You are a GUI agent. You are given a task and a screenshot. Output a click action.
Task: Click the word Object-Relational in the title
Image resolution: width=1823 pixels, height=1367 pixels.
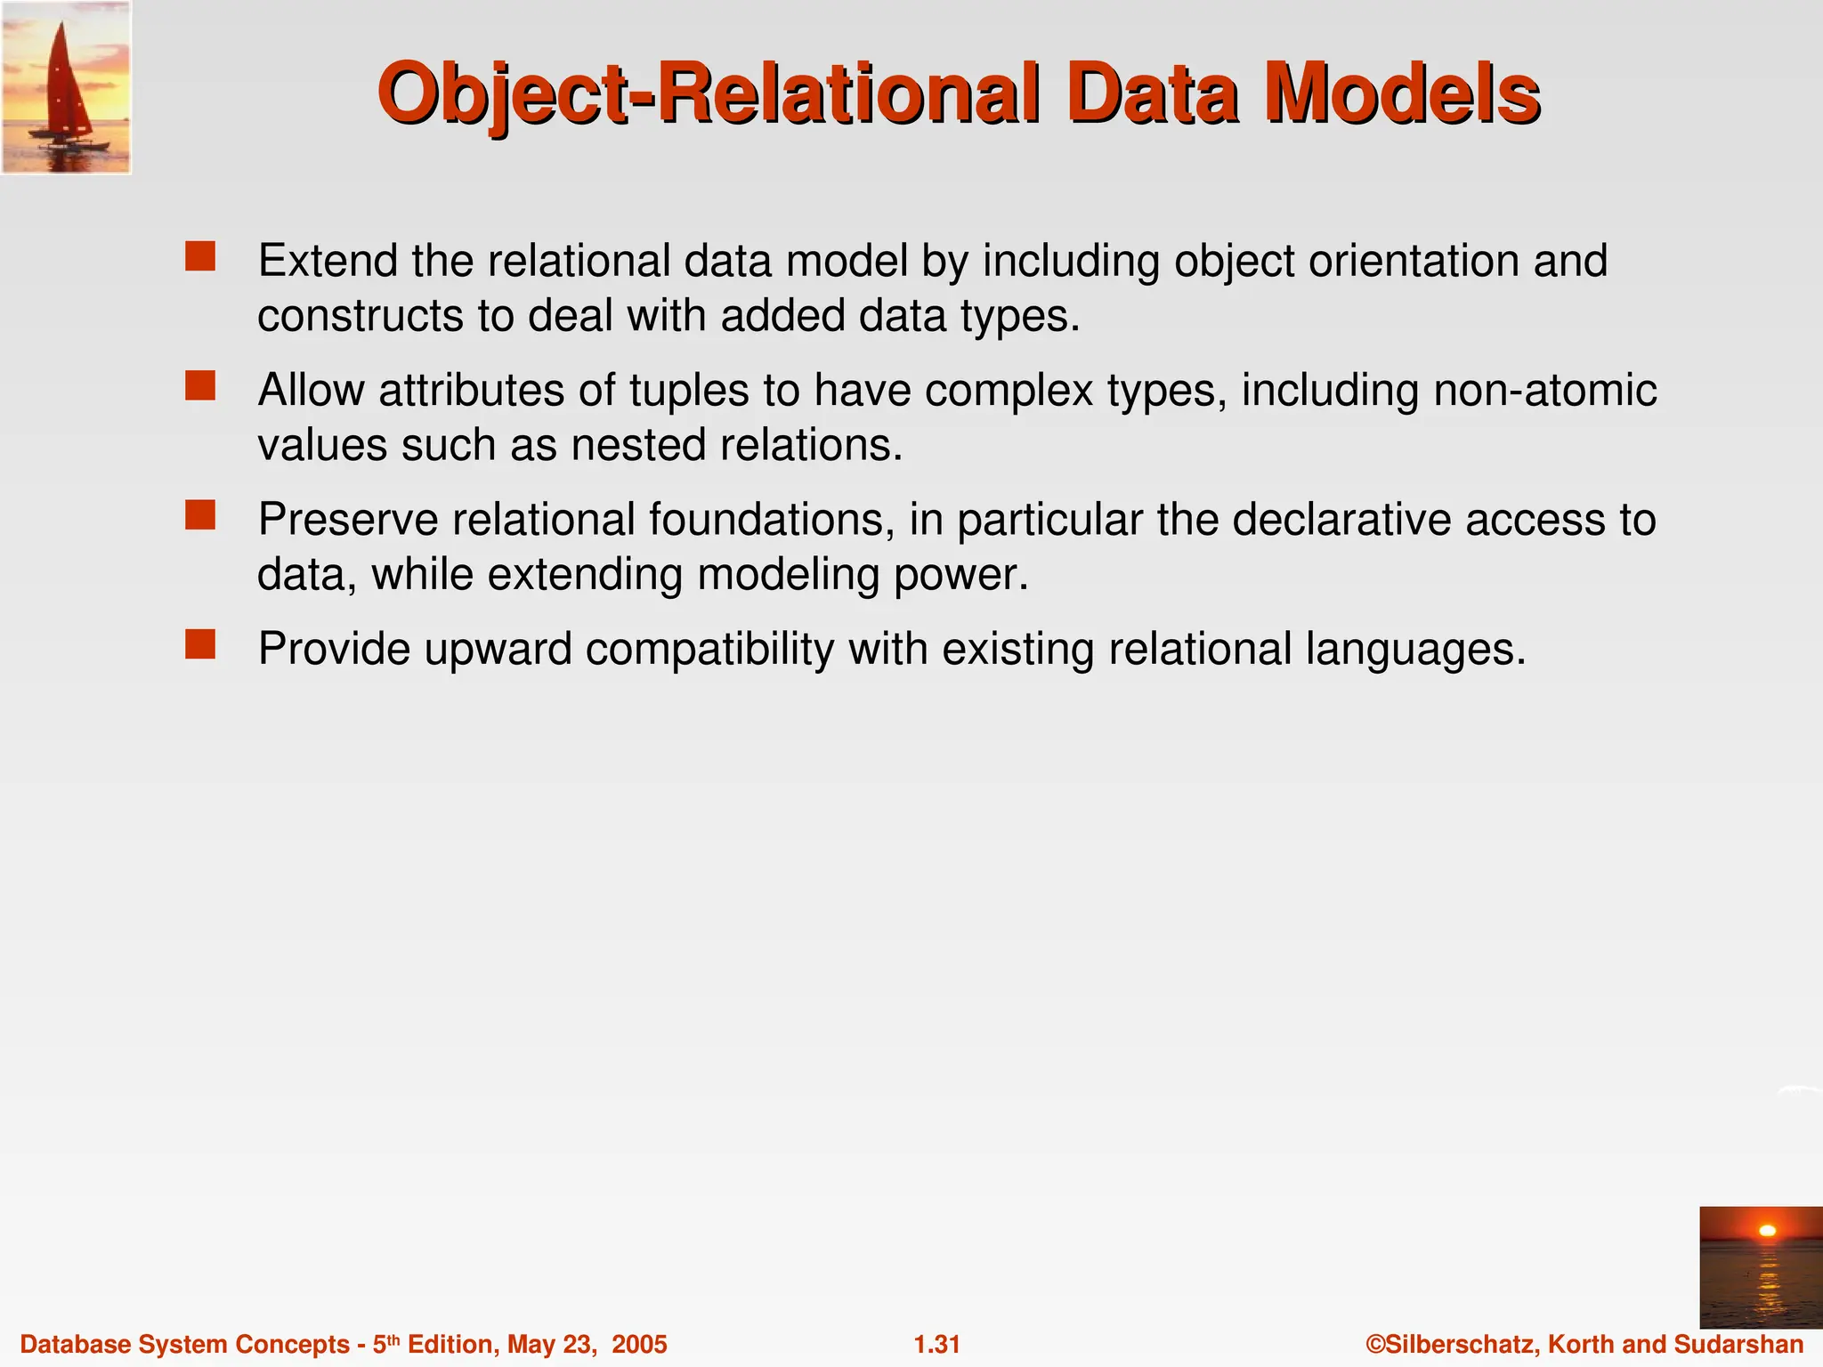click(708, 95)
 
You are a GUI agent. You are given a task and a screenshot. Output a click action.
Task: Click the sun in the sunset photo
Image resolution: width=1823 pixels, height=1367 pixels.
click(1768, 1231)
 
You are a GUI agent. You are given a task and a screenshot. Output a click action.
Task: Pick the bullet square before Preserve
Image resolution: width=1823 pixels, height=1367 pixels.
click(200, 514)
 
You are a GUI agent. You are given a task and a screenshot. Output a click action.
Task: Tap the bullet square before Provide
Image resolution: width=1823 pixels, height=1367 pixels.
click(200, 643)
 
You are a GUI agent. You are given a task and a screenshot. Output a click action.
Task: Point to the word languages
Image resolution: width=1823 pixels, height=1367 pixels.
click(1415, 649)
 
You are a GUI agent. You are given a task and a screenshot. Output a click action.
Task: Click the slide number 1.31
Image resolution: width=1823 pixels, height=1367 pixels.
click(937, 1344)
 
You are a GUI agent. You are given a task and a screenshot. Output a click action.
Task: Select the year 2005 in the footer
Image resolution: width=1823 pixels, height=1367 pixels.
click(639, 1344)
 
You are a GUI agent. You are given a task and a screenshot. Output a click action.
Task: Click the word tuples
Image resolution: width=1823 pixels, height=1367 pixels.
click(687, 391)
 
